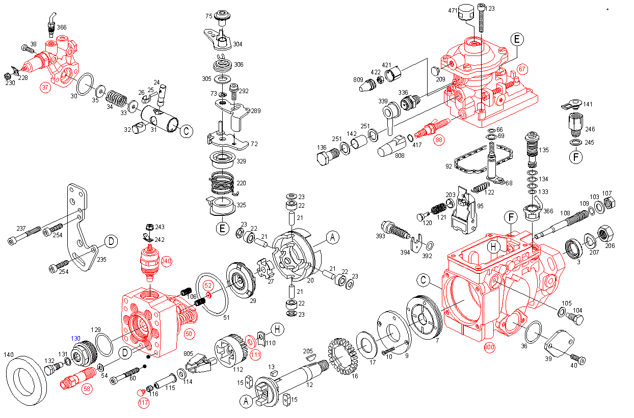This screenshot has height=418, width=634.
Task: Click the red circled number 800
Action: tap(490, 348)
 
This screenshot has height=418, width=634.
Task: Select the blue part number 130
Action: tap(75, 339)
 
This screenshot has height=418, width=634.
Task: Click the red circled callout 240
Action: tap(166, 261)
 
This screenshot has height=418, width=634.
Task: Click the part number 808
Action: tap(400, 155)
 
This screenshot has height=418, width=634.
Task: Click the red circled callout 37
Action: tap(45, 87)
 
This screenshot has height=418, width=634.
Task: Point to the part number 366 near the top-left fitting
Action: tap(61, 27)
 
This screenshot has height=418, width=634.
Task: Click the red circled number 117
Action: tap(144, 403)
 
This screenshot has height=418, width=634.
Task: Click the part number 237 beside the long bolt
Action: tap(21, 228)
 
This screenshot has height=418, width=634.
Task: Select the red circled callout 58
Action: tap(88, 388)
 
